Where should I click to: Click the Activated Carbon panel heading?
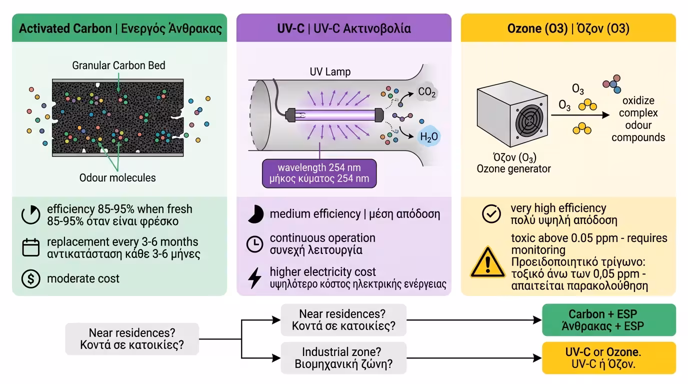(x=120, y=28)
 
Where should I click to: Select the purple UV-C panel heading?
(x=343, y=28)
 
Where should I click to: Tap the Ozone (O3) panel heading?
(x=568, y=28)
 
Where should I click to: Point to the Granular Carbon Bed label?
(x=118, y=65)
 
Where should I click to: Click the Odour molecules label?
(x=117, y=177)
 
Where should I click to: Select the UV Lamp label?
(x=329, y=71)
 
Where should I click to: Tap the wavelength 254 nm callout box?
(x=319, y=173)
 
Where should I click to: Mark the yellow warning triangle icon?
(x=488, y=262)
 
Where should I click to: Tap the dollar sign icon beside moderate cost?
(x=31, y=278)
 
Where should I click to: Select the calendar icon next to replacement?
(x=31, y=247)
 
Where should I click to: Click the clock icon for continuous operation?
(x=255, y=243)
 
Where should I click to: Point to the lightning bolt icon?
(x=255, y=278)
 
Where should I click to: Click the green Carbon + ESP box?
(x=608, y=319)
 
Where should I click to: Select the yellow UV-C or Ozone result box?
(x=608, y=358)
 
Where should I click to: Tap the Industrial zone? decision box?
(x=343, y=358)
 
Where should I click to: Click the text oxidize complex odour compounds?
(x=638, y=119)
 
